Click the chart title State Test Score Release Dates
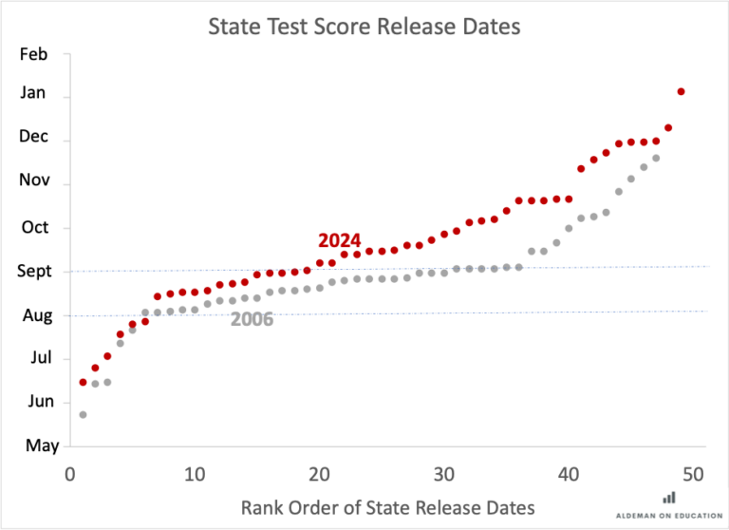tap(364, 27)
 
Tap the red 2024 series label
tap(339, 239)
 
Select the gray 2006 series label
tap(252, 320)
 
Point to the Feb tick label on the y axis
tap(33, 54)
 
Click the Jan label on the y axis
tap(33, 94)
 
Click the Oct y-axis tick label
tap(33, 228)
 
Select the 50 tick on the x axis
tap(694, 474)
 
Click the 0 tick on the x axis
tap(70, 474)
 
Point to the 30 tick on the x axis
tap(444, 474)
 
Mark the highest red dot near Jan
tap(681, 91)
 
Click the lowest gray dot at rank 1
tap(83, 414)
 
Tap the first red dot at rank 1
tap(83, 382)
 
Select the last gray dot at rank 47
tap(656, 158)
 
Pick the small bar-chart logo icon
tap(669, 497)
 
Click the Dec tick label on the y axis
tap(33, 138)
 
